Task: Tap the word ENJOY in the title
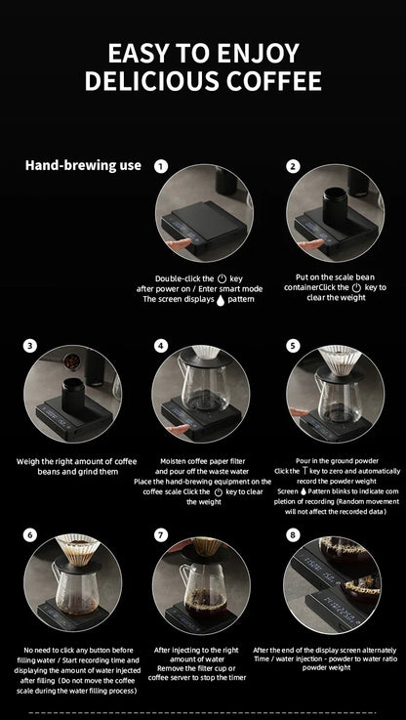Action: coord(259,54)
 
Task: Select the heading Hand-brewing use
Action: coord(83,165)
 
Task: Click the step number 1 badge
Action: coord(161,166)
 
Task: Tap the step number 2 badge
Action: coord(293,166)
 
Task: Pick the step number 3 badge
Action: coord(30,346)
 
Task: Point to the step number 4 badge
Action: coord(161,346)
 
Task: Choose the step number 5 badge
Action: coord(293,346)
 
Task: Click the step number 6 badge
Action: coord(30,535)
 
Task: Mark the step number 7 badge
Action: coord(161,535)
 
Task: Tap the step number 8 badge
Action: coord(293,535)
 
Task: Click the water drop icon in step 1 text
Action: coord(221,300)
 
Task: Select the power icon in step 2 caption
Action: coord(356,288)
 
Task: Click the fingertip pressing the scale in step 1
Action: coord(178,244)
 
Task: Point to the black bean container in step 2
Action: coord(335,206)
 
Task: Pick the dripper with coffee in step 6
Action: coord(77,549)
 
